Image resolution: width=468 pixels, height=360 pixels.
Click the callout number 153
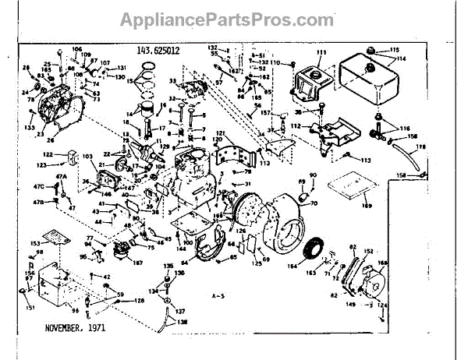35,244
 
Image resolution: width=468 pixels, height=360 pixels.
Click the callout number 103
87,157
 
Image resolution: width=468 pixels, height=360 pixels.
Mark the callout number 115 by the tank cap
394,50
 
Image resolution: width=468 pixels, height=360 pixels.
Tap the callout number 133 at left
29,127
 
